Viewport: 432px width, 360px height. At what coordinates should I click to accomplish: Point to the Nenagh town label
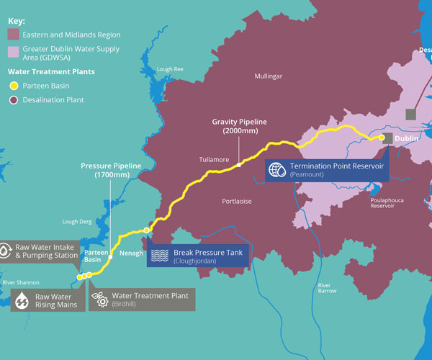[x=132, y=253]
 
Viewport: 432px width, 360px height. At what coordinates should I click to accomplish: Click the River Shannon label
[x=21, y=282]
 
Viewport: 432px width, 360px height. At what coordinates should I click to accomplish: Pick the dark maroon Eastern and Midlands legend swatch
[x=13, y=35]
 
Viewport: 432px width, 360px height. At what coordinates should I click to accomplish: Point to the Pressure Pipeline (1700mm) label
[x=110, y=171]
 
